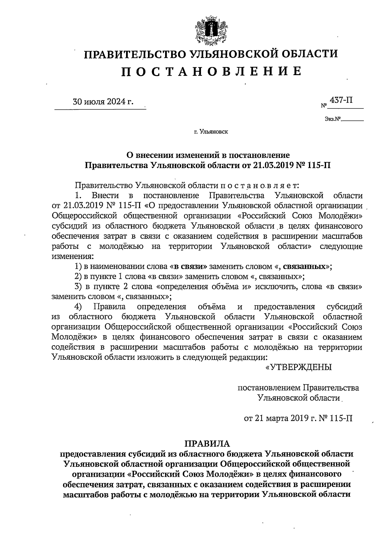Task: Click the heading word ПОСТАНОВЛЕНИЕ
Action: pyautogui.click(x=211, y=71)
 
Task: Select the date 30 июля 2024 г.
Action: pyautogui.click(x=103, y=102)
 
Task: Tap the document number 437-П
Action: pyautogui.click(x=341, y=100)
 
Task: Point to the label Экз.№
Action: pyautogui.click(x=332, y=120)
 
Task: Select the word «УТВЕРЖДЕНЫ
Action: pyautogui.click(x=298, y=367)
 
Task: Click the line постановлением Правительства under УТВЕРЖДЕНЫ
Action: pyautogui.click(x=298, y=388)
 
